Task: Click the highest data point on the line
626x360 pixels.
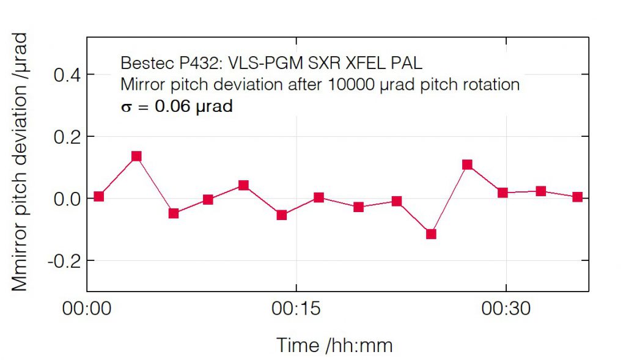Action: click(136, 156)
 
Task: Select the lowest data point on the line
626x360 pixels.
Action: click(431, 234)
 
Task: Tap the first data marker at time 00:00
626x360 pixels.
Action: click(98, 196)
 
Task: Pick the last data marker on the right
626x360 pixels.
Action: click(577, 197)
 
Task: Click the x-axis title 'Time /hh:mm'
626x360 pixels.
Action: click(334, 345)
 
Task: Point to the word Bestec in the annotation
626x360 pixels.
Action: click(142, 63)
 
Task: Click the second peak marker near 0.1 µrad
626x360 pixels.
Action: click(468, 164)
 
